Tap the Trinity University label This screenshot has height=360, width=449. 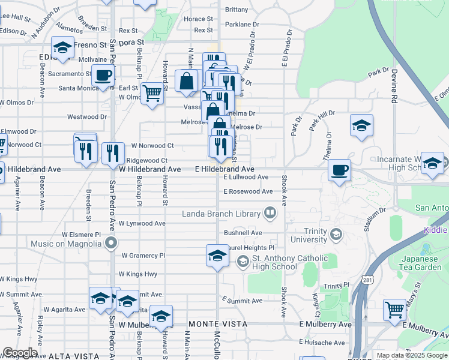(x=310, y=234)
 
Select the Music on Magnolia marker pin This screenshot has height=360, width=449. (x=110, y=244)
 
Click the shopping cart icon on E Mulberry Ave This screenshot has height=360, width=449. (x=395, y=310)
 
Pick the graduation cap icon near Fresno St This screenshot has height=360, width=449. (x=62, y=47)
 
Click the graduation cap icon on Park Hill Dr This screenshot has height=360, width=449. (x=360, y=126)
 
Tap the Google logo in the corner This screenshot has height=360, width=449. (x=20, y=353)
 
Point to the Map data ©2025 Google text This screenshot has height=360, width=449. (x=412, y=355)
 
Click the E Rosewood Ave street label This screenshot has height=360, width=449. (x=248, y=191)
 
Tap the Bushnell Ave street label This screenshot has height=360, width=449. (x=243, y=232)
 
